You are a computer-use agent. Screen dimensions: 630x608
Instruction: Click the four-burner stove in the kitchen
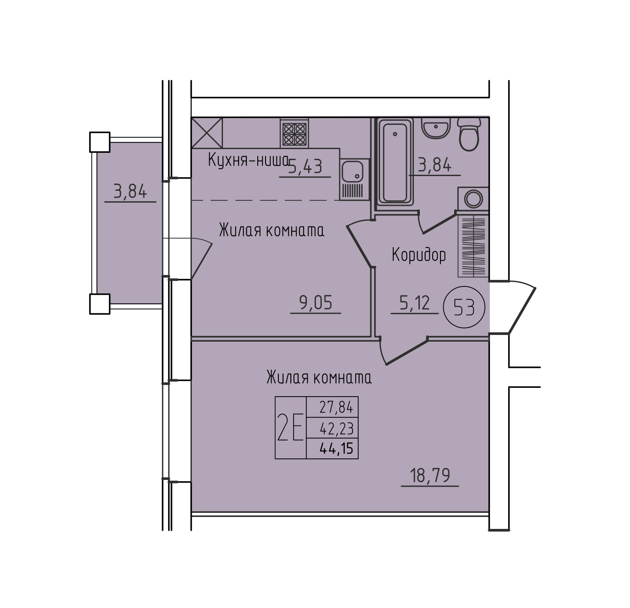click(x=294, y=133)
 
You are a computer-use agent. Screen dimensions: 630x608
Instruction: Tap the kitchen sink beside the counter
click(x=354, y=179)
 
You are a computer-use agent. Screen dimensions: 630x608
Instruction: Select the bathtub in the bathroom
click(x=395, y=162)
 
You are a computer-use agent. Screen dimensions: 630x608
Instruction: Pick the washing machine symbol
click(x=473, y=199)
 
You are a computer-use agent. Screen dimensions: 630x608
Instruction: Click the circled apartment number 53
click(x=464, y=307)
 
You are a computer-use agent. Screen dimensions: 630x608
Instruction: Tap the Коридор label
click(x=418, y=255)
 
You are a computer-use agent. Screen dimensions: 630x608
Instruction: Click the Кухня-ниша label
click(x=248, y=160)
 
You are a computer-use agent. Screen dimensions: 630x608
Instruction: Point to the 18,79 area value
click(x=430, y=476)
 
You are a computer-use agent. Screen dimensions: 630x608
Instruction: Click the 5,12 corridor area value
click(x=414, y=303)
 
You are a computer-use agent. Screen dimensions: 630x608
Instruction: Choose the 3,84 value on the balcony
click(x=130, y=191)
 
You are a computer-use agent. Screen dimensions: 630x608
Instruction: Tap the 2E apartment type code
click(x=290, y=427)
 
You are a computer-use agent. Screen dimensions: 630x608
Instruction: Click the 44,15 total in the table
click(x=337, y=448)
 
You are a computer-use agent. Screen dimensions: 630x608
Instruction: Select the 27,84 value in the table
click(x=337, y=407)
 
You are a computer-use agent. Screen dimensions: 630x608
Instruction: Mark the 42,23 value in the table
click(x=337, y=429)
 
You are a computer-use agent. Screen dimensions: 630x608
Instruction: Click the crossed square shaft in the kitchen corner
click(x=207, y=133)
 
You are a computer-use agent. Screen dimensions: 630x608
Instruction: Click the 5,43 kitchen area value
click(x=305, y=167)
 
